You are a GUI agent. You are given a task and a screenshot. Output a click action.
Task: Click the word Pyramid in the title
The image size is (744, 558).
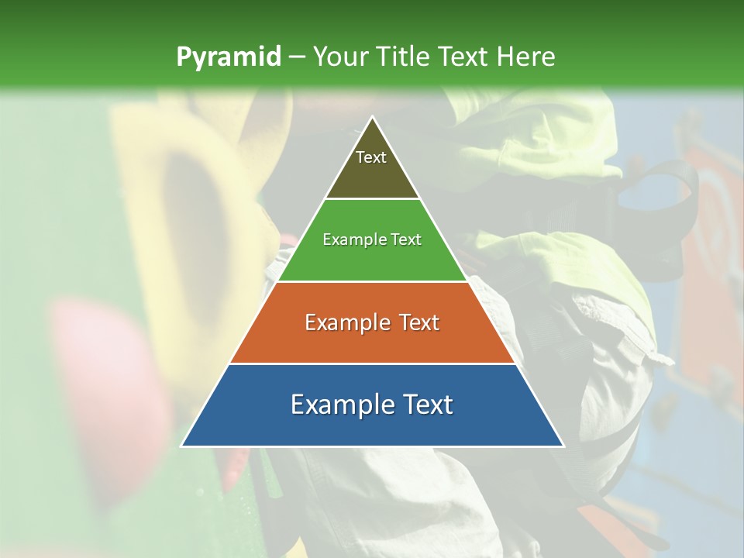228,57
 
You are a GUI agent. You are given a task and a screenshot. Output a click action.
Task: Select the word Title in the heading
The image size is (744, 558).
402,57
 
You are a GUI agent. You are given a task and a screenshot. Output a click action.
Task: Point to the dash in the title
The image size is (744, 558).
297,57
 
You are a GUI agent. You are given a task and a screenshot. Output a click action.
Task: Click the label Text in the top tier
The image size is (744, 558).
371,157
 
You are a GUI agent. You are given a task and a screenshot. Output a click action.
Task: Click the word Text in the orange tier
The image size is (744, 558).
415,322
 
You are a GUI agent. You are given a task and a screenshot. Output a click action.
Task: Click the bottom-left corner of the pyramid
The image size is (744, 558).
182,446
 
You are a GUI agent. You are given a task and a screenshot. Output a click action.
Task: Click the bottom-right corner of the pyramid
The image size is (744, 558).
563,446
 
